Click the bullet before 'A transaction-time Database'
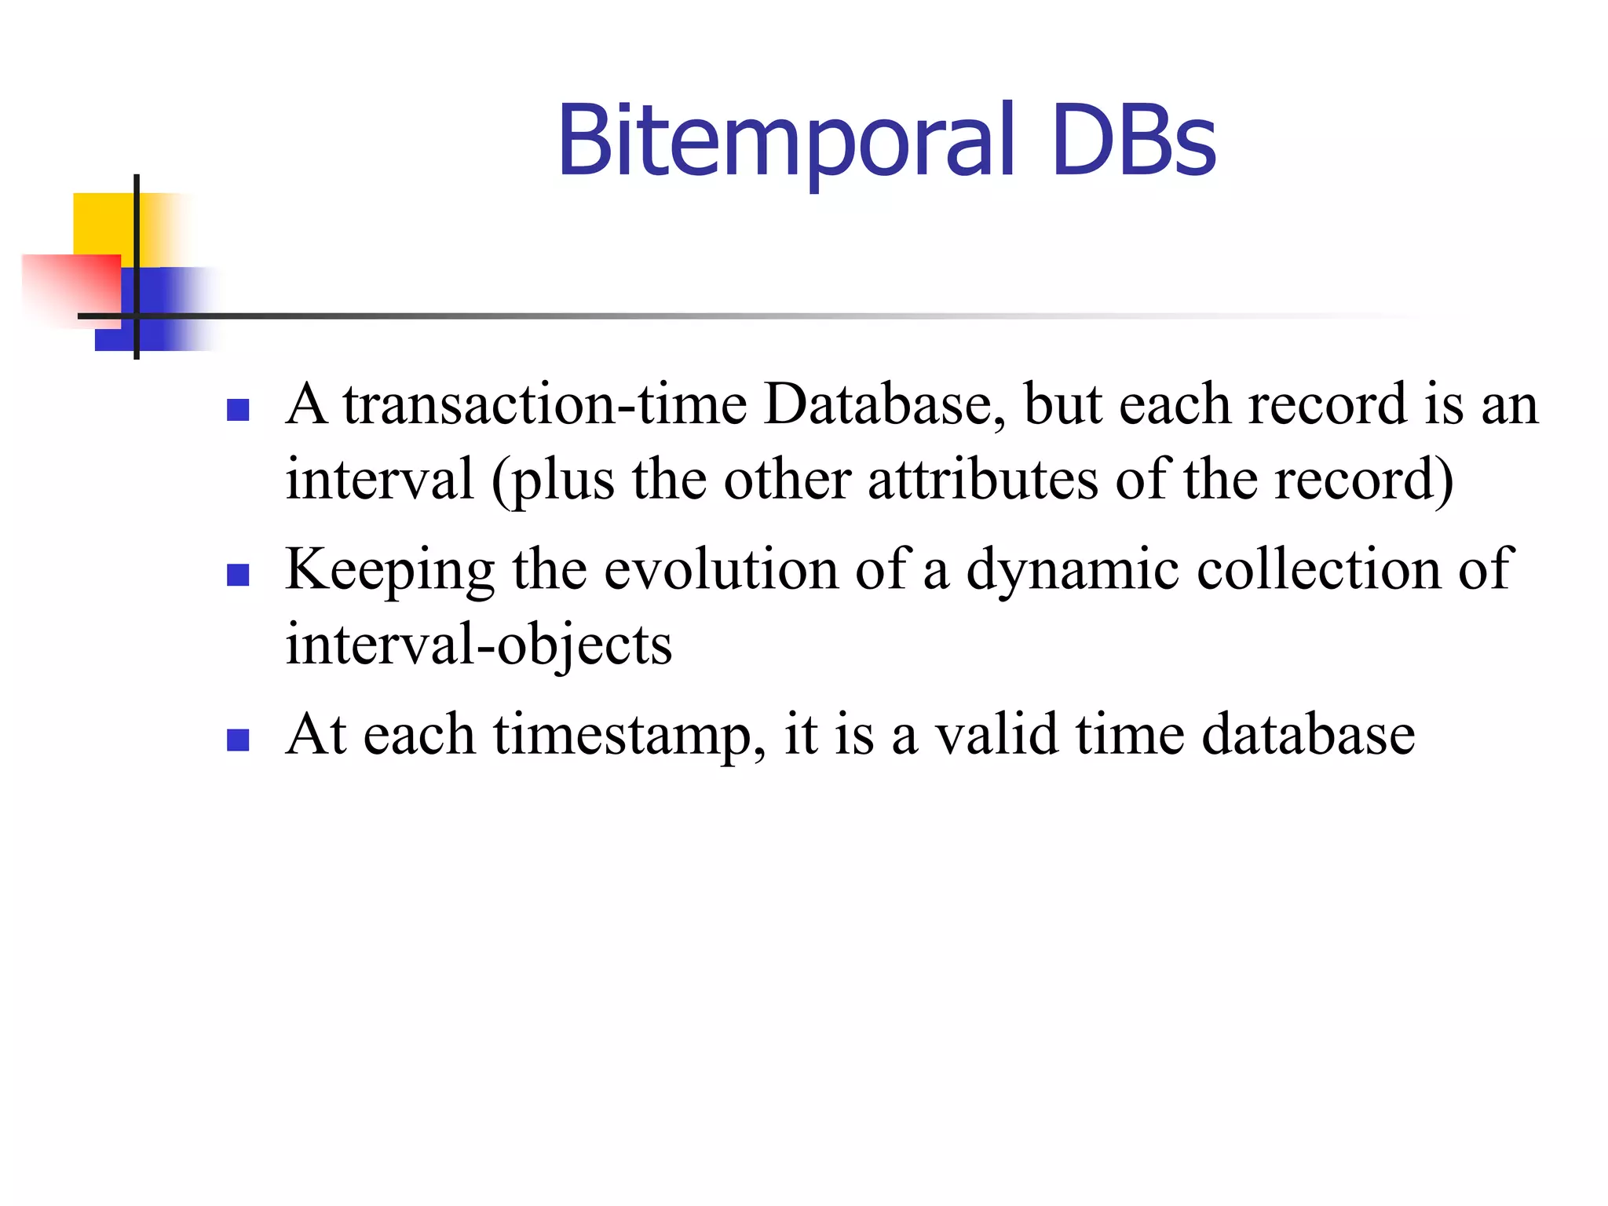238,410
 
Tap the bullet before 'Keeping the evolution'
238,576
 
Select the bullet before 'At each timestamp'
238,740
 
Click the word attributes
983,480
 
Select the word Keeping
390,570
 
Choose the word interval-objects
479,645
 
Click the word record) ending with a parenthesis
1364,480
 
